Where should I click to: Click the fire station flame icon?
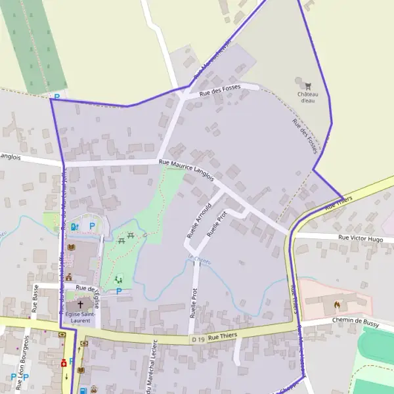point(337,305)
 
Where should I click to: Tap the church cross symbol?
point(81,304)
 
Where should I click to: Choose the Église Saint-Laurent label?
point(80,318)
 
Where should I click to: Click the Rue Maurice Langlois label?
point(186,168)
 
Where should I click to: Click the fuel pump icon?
point(74,227)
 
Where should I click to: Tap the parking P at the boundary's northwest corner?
point(56,97)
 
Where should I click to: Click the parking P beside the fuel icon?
point(92,227)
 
